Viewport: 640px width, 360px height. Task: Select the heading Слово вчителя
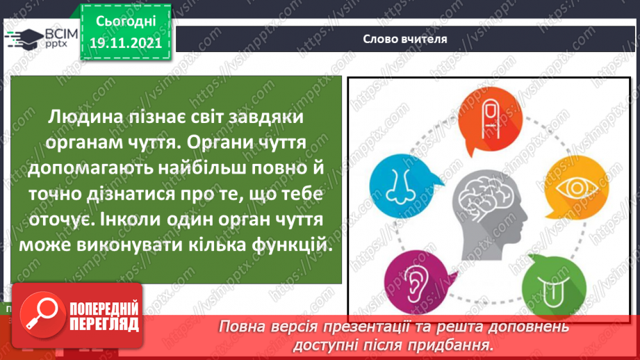(x=404, y=39)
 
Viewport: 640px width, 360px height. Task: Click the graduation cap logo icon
(x=22, y=39)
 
